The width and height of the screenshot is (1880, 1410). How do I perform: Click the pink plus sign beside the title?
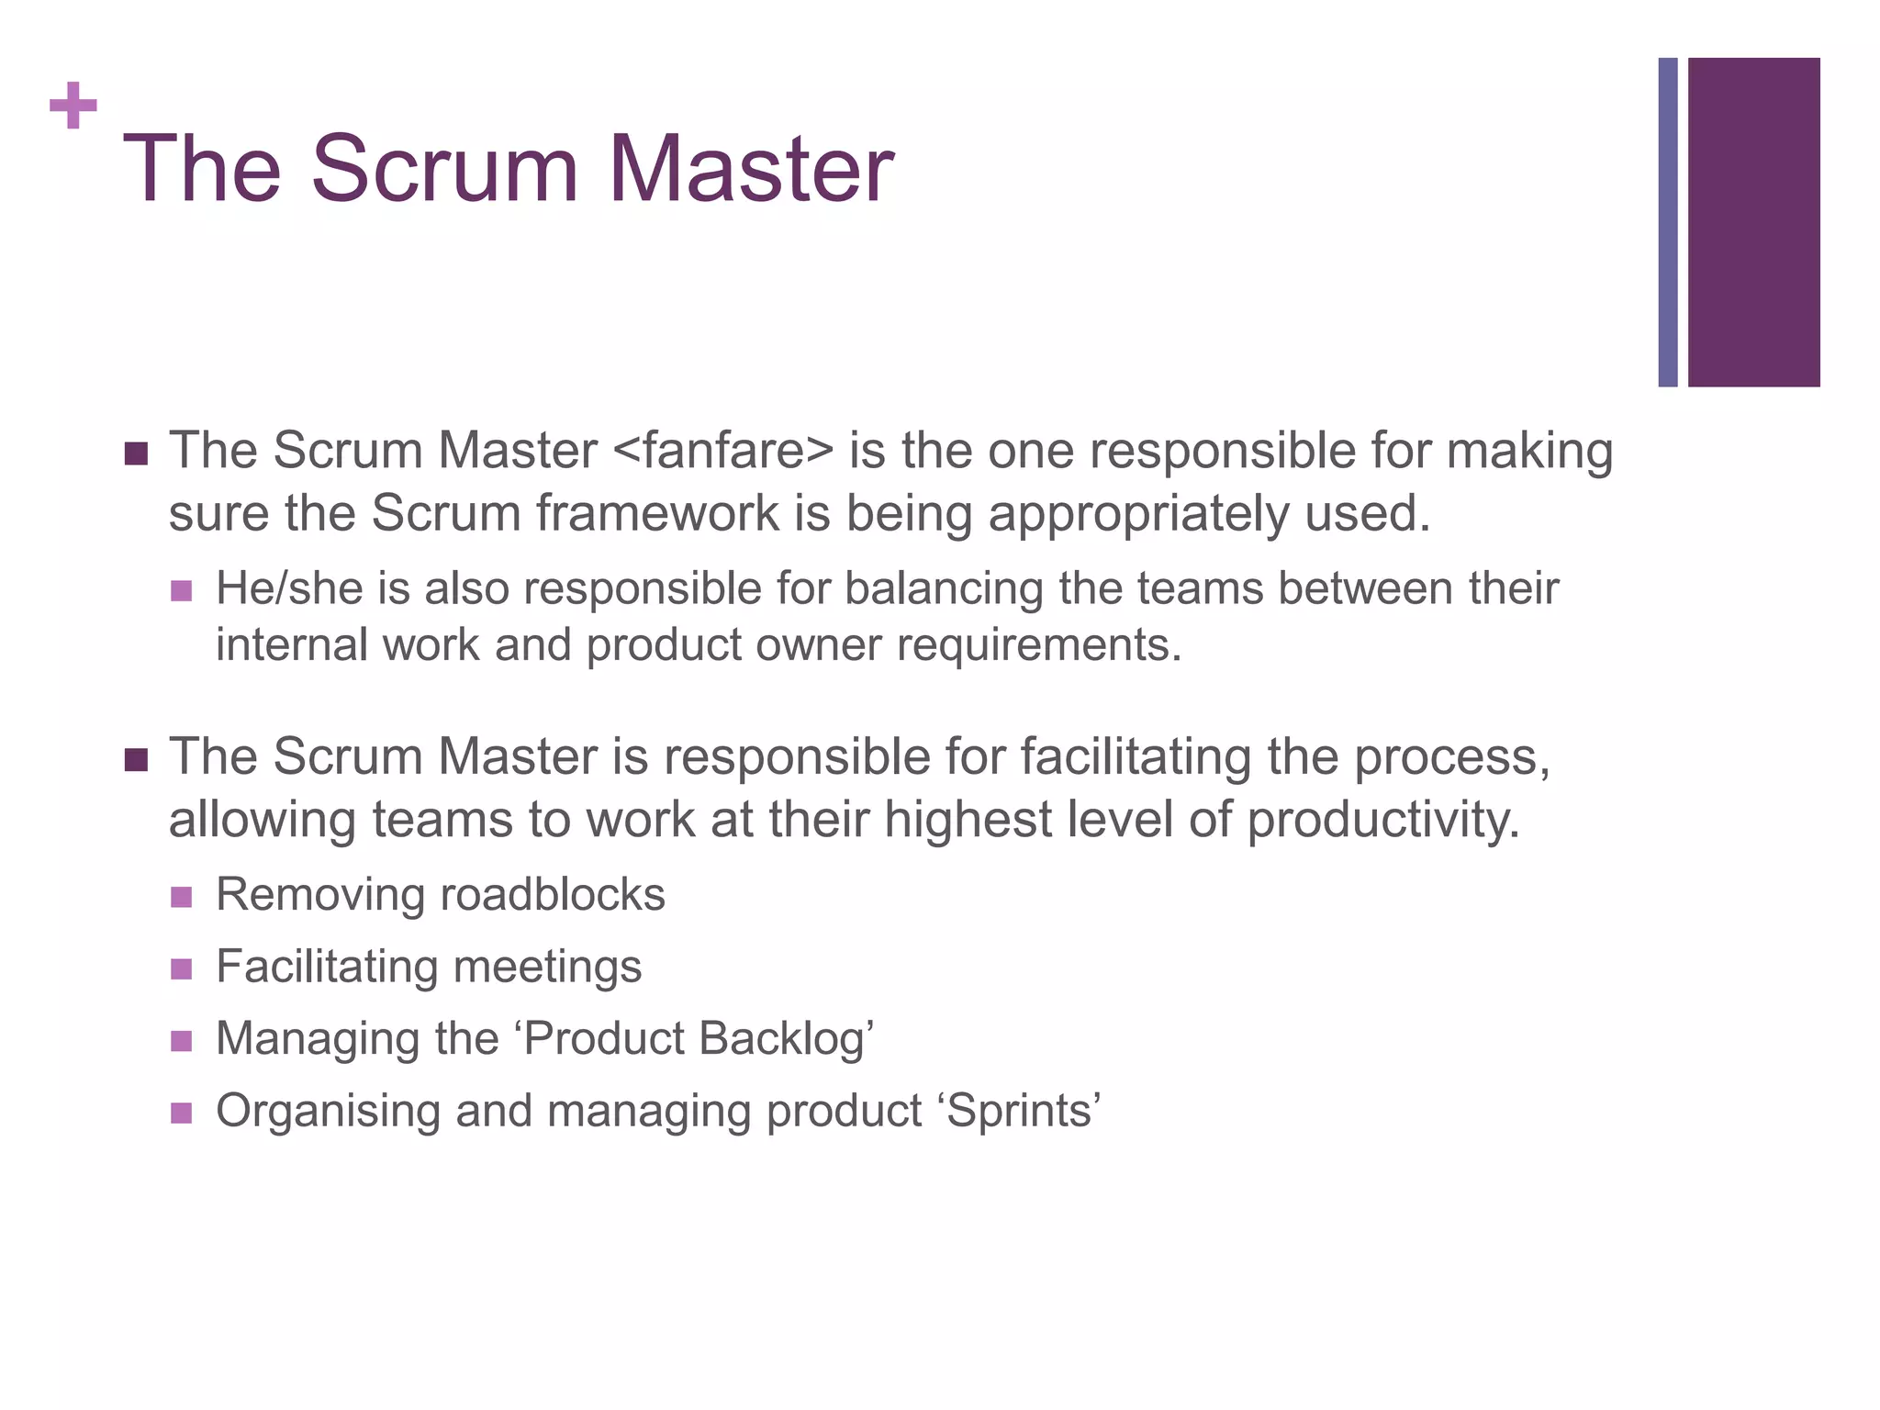tap(73, 106)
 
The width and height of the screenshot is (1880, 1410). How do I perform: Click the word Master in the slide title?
tap(750, 170)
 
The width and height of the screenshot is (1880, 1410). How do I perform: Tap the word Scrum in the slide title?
tap(444, 170)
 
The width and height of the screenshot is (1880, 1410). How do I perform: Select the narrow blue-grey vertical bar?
tap(1667, 222)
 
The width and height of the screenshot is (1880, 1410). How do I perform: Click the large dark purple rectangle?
tap(1753, 222)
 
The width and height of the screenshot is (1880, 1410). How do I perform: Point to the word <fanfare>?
tap(722, 451)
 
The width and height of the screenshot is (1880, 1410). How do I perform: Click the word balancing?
tap(944, 589)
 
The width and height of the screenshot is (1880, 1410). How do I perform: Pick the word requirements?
tap(1038, 645)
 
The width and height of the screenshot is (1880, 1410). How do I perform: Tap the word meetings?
tap(547, 968)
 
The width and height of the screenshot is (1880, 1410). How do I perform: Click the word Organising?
tap(328, 1111)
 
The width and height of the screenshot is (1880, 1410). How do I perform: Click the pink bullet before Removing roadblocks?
tap(181, 896)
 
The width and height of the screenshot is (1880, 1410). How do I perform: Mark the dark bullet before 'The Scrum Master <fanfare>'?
tap(136, 453)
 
